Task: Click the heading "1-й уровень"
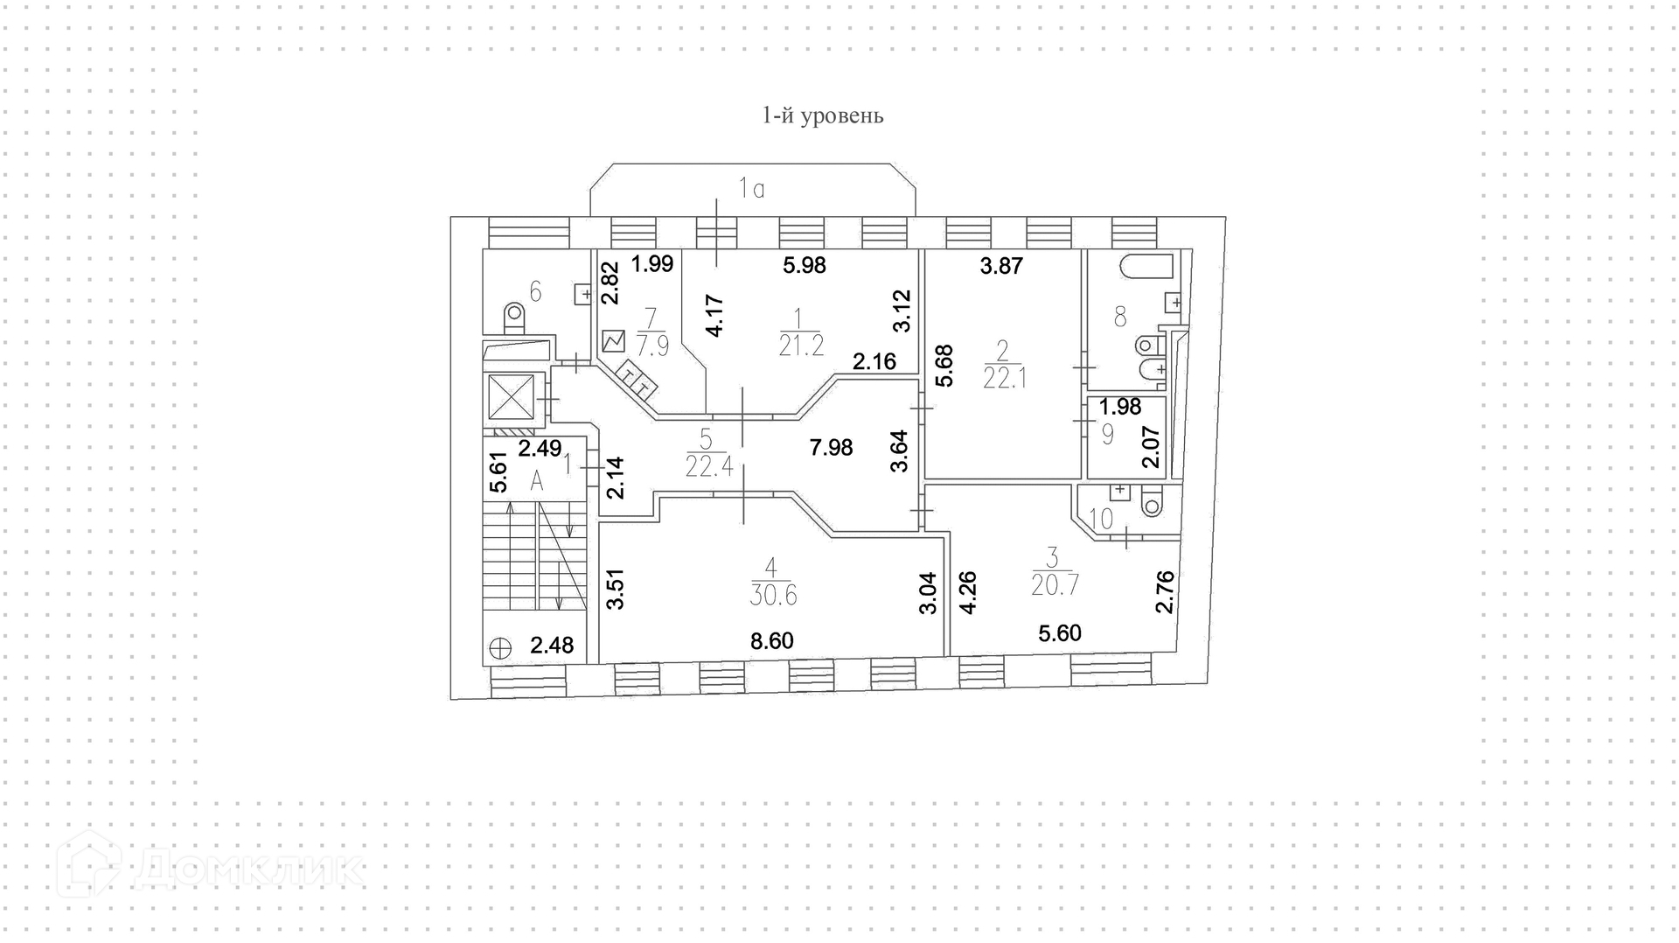point(823,115)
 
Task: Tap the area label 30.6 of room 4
point(773,595)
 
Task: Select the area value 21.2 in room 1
point(801,346)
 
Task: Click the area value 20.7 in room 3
point(1055,584)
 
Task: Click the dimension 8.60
point(772,641)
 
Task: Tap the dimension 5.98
point(805,264)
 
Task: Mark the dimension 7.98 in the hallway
point(831,448)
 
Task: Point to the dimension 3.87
point(1001,266)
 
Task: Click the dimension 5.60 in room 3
point(1060,632)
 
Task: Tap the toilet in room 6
point(513,318)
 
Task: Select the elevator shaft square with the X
point(510,396)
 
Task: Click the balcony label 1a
point(752,188)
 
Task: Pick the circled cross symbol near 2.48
point(500,648)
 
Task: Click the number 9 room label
point(1107,434)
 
